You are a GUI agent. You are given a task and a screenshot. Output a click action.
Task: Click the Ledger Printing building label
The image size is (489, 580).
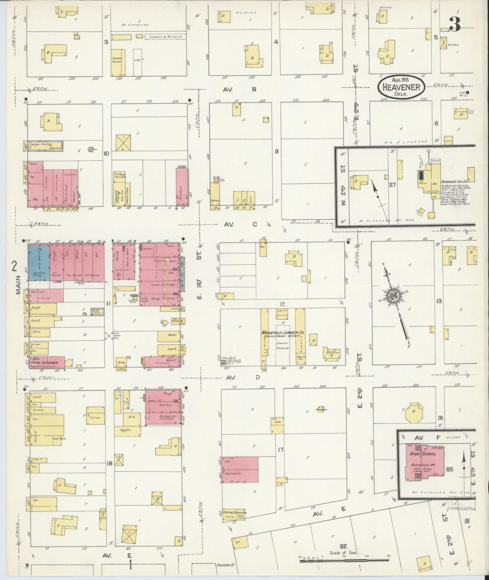click(41, 144)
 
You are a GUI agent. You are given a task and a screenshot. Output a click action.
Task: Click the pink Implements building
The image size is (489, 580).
click(240, 473)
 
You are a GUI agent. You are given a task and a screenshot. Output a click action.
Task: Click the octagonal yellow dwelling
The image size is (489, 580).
click(413, 412)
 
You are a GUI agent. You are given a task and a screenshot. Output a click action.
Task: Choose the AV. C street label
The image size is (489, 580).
click(240, 224)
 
